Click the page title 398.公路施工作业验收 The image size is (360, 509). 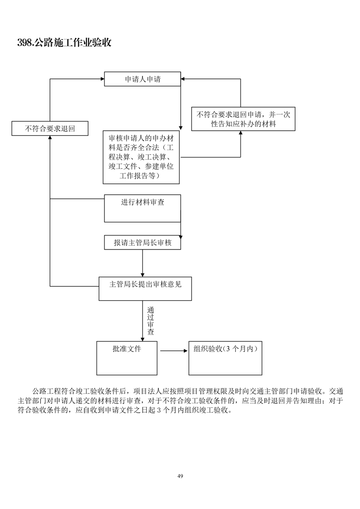point(64,43)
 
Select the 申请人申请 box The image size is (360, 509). point(143,79)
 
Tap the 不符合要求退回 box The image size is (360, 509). point(50,128)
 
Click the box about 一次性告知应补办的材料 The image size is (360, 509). point(243,119)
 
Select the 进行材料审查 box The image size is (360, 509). point(143,208)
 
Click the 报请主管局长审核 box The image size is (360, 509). point(143,243)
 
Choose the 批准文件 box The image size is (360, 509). point(127,358)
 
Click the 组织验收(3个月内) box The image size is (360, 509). point(225,358)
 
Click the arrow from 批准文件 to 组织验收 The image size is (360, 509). point(174,351)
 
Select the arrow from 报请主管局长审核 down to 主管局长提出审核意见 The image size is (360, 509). point(143,263)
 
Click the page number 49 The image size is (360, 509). point(180,476)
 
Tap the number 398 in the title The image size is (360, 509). point(25,43)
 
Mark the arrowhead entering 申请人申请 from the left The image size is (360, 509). point(102,79)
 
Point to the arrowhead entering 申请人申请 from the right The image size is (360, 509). point(184,79)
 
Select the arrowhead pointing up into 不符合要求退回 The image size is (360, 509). point(50,138)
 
